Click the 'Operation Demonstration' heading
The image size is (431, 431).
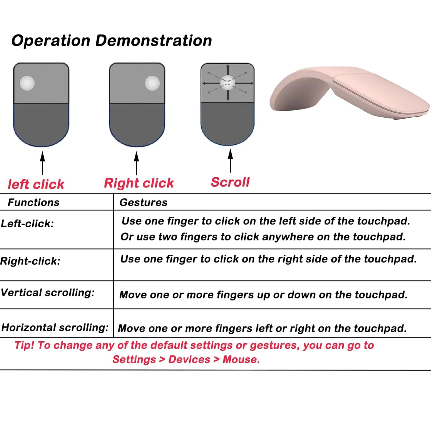coord(112,41)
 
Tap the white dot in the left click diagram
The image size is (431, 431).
coord(27,83)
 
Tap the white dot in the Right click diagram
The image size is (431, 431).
coord(152,83)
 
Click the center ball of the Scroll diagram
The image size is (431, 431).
coord(228,83)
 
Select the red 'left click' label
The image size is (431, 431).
coord(36,185)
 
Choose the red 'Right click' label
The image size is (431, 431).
coord(139,183)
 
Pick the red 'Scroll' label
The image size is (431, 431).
coord(230,182)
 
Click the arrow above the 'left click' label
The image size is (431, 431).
coord(42,163)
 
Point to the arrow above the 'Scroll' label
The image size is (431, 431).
coord(230,161)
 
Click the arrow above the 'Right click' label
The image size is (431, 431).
coord(137,163)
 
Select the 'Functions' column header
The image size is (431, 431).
coord(33,203)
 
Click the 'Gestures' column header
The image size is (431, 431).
coord(143,203)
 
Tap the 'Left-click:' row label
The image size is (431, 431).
coord(27,224)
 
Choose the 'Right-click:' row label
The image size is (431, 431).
coord(30,261)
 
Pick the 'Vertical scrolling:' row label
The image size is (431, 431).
coord(48,293)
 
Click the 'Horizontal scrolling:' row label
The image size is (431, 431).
coord(55,328)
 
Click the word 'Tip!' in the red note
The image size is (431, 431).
coord(24,345)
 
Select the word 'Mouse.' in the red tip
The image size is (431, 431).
coord(241,359)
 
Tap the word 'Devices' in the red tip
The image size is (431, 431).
coord(189,359)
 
